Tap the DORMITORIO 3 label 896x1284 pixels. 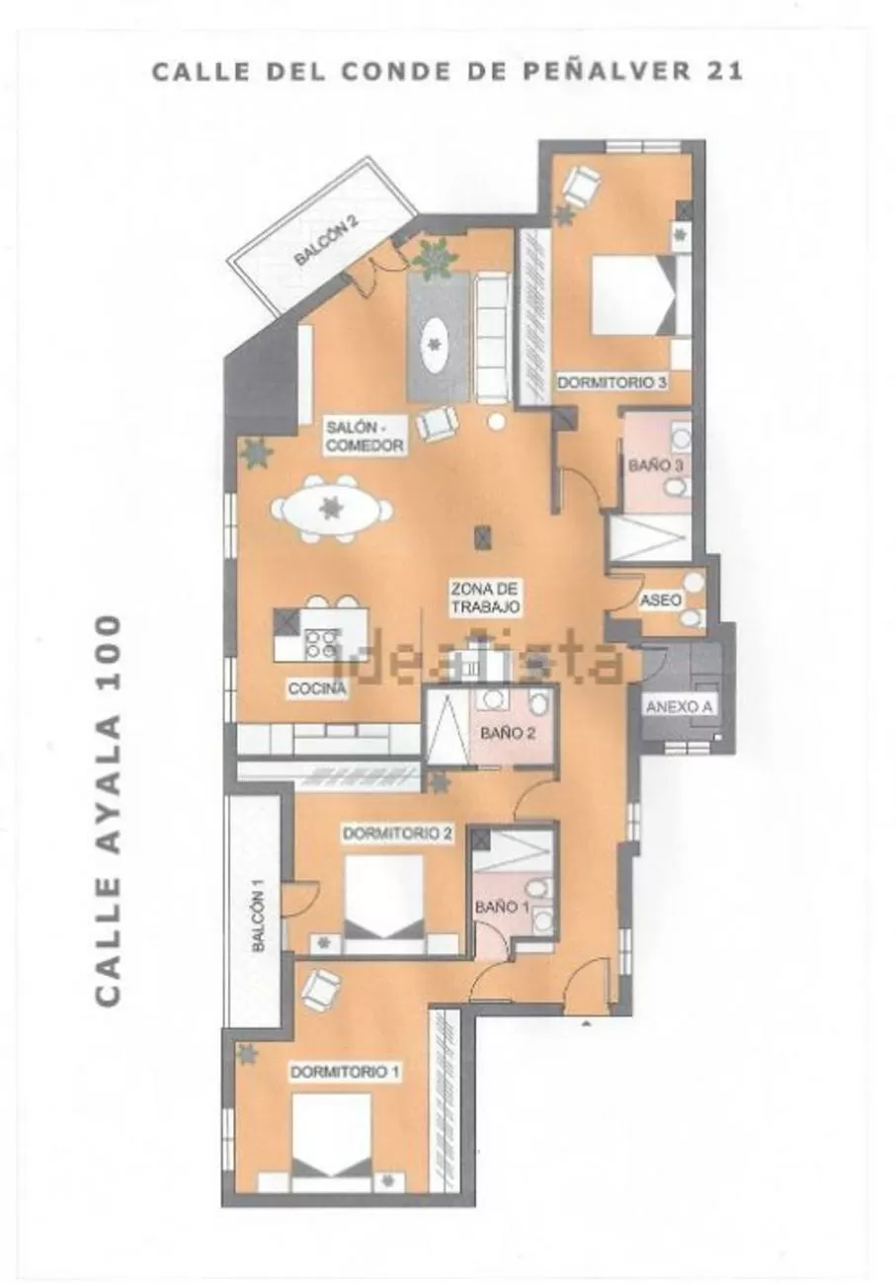coord(612,382)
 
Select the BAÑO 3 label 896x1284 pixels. coord(656,464)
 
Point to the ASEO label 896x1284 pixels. coord(661,600)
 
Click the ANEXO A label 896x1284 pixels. coord(679,707)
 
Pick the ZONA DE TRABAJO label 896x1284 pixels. coord(485,598)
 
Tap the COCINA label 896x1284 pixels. coord(317,688)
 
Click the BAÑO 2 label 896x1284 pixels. coord(508,733)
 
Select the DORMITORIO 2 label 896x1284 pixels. coord(397,834)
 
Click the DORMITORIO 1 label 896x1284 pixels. coord(345,1072)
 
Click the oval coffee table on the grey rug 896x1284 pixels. coord(436,345)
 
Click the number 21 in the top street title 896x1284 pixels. coord(725,71)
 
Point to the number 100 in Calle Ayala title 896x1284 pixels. coord(108,650)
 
